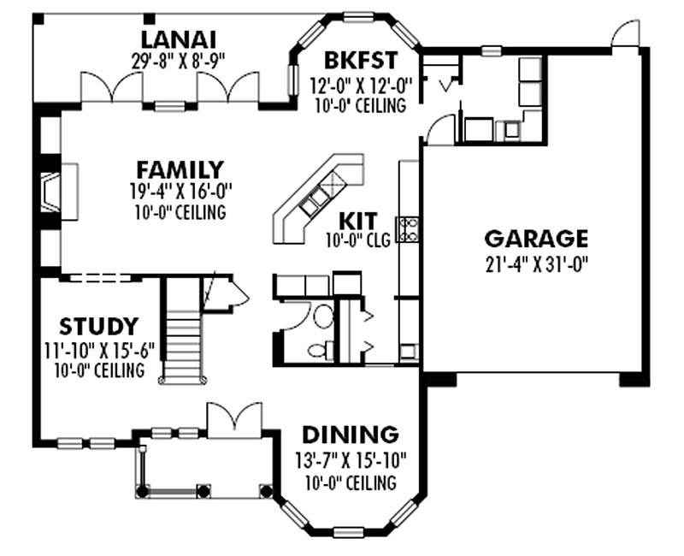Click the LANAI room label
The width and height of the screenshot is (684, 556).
coord(179,39)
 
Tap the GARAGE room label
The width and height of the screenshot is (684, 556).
coord(536,239)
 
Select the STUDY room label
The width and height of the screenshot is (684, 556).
coord(99,326)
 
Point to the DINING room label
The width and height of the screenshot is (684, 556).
coord(351,435)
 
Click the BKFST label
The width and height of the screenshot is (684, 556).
coord(361,60)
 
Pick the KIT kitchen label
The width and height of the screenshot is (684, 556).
coord(357,222)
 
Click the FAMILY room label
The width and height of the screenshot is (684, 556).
coord(180,169)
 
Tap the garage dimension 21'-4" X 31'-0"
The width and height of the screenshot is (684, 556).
coord(537,263)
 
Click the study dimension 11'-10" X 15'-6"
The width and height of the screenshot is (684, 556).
coord(99,350)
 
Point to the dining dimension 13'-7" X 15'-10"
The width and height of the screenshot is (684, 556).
coord(351,459)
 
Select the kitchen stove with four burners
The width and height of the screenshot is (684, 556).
coord(407,229)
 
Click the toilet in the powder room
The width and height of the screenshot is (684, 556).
coord(320,349)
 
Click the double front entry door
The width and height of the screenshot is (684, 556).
coord(234,420)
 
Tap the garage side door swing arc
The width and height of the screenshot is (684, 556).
coord(625,33)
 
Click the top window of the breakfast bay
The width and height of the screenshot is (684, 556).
coord(358,16)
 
